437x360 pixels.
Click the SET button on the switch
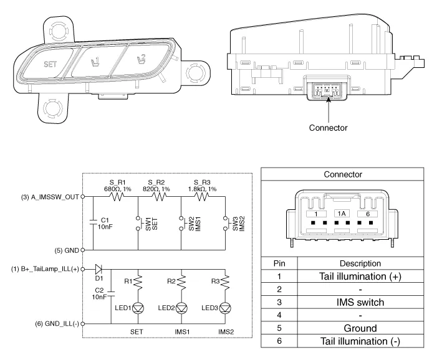point(49,64)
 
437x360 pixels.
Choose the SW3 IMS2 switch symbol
point(225,224)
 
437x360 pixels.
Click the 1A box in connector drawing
point(342,213)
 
